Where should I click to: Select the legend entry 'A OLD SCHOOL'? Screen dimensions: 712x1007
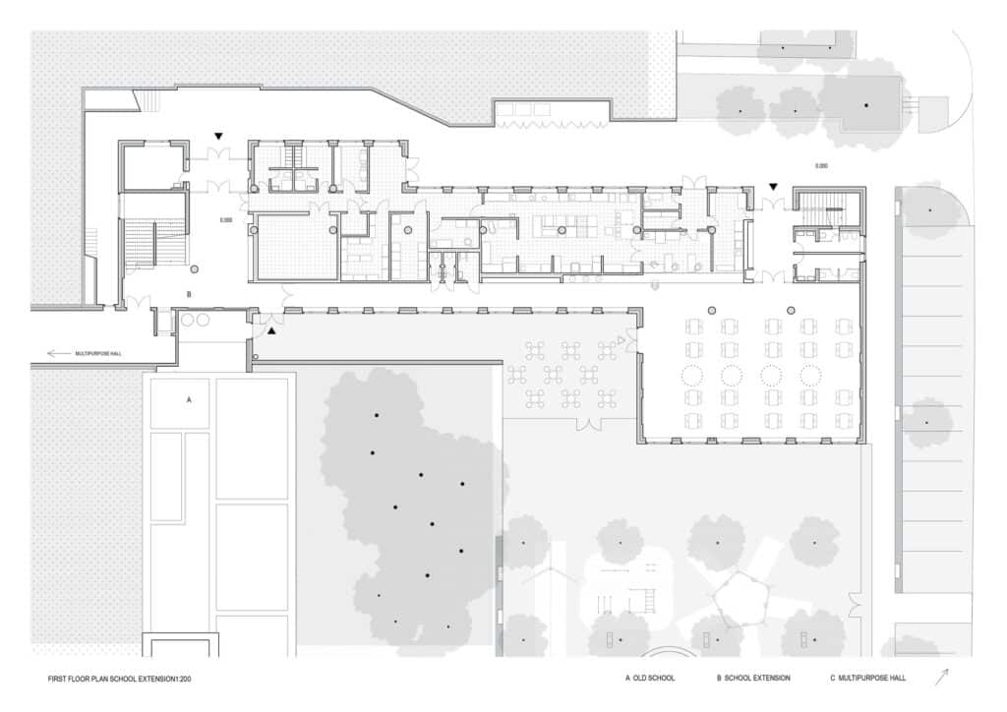pyautogui.click(x=650, y=679)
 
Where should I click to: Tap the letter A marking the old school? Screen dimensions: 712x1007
pyautogui.click(x=188, y=400)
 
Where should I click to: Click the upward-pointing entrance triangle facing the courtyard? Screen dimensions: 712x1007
pyautogui.click(x=272, y=332)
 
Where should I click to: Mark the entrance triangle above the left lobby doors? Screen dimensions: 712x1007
pyautogui.click(x=219, y=136)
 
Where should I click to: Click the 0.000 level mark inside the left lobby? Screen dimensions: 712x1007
pyautogui.click(x=225, y=220)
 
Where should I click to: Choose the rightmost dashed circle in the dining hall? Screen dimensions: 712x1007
pyautogui.click(x=810, y=376)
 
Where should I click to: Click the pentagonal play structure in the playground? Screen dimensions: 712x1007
pyautogui.click(x=737, y=596)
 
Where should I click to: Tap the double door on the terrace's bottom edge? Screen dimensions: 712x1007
pyautogui.click(x=589, y=425)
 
